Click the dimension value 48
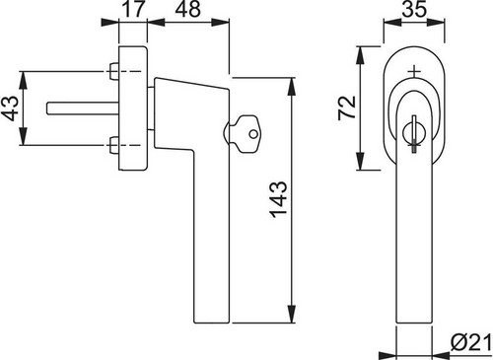(x=187, y=9)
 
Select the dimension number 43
(x=9, y=108)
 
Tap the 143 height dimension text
(x=279, y=199)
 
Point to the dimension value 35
(x=414, y=9)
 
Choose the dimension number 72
(x=347, y=108)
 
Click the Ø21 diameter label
(x=471, y=343)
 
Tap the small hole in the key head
(x=253, y=134)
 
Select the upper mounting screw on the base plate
(x=113, y=71)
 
